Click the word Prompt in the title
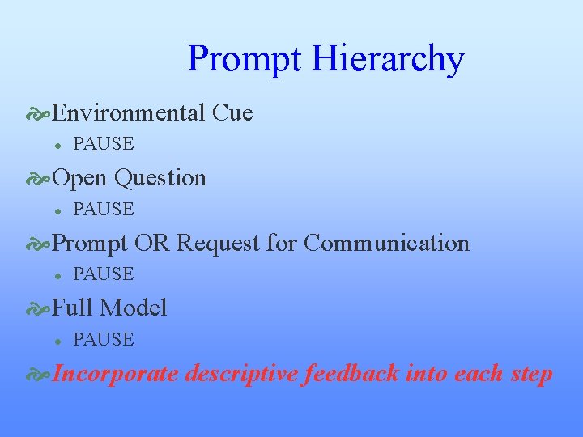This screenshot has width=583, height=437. (244, 60)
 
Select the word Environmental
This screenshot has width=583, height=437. (129, 112)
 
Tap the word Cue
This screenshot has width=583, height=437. (232, 112)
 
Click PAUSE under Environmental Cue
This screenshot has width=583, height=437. (103, 144)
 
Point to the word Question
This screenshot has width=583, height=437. (160, 178)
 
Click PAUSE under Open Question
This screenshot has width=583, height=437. (103, 210)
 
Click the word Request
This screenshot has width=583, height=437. (215, 243)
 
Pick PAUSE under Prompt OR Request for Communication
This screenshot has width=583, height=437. (103, 274)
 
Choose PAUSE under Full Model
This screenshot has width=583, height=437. (103, 340)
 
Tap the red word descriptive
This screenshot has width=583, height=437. (240, 374)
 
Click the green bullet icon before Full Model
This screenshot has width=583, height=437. (37, 308)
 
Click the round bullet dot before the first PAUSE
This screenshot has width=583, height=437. (57, 145)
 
